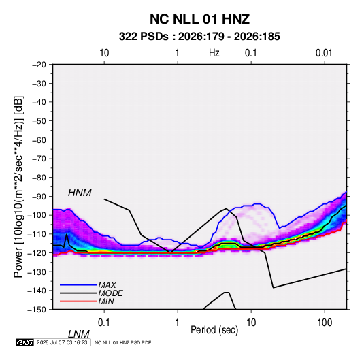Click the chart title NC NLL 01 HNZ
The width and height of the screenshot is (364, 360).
199,19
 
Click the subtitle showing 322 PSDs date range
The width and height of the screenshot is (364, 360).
199,37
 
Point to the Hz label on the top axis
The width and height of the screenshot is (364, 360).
214,53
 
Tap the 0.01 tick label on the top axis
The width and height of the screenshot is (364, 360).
324,53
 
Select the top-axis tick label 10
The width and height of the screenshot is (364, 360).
104,53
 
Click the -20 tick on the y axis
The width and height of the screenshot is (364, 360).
39,65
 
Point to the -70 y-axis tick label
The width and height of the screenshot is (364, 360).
39,159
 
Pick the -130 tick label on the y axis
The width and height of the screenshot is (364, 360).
37,272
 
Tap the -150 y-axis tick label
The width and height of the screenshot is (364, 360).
37,310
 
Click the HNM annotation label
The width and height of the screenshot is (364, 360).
80,193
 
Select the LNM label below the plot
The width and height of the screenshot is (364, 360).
78,334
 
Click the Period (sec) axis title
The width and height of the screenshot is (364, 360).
214,330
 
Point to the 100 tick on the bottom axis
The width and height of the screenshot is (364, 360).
325,323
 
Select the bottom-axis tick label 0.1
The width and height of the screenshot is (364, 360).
104,323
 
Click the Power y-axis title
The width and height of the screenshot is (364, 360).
18,186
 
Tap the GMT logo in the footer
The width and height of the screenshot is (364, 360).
24,342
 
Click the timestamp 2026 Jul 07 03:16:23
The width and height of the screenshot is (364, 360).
62,342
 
